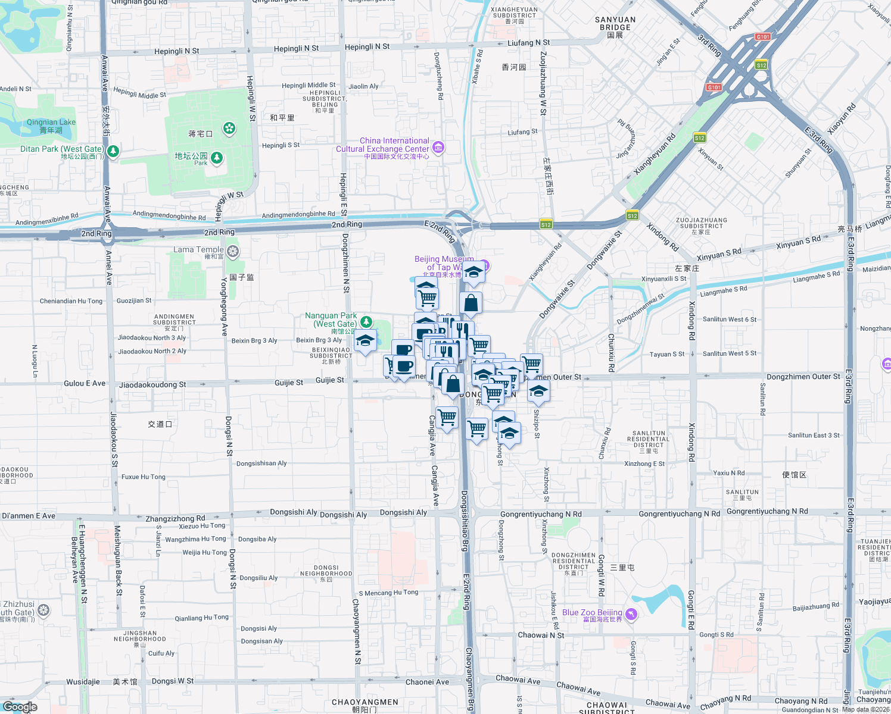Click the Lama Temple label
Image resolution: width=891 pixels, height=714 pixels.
coord(198,250)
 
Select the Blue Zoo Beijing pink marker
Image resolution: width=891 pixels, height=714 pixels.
coord(631,613)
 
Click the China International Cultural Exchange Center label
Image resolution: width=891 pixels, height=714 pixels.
coord(382,145)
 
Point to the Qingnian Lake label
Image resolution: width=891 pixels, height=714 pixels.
coord(51,123)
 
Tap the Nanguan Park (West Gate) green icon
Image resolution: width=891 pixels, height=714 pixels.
coord(366,322)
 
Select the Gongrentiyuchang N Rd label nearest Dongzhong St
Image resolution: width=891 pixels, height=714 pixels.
coord(541,514)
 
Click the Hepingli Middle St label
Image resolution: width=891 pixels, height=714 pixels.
coord(309,86)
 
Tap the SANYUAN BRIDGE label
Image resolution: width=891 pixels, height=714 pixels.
coord(615,23)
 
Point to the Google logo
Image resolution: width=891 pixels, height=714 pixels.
coord(20,707)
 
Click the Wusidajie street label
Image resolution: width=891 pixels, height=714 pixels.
coord(83,682)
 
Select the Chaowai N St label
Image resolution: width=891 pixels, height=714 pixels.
coord(541,635)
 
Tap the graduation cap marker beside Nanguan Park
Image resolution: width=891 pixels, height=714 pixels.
coord(364,341)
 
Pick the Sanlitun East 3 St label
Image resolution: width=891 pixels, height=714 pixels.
coord(814,436)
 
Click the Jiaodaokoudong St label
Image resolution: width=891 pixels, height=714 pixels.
coord(152,385)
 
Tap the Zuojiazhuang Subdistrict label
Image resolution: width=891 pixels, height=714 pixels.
coord(702,223)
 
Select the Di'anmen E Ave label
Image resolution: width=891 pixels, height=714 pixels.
coord(29,516)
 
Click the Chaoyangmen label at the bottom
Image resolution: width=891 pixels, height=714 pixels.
coord(364,703)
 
